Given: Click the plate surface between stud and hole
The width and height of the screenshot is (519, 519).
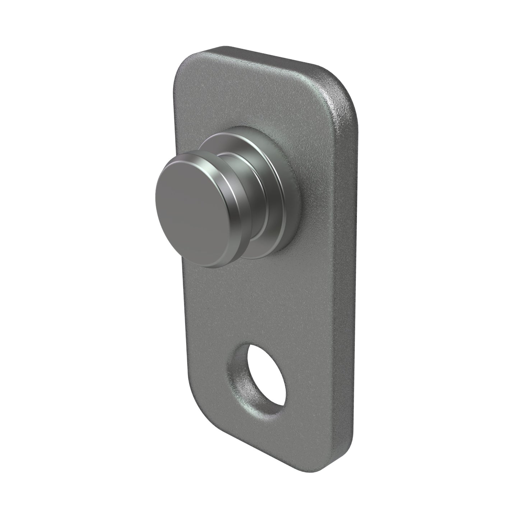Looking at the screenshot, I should pyautogui.click(x=259, y=305).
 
